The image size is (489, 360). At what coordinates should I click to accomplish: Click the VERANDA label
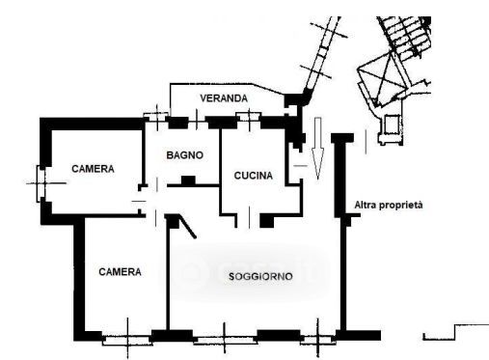pos(224,98)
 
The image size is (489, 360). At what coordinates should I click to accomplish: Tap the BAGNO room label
pos(185,155)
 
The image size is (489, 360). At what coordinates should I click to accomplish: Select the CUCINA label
pos(254,176)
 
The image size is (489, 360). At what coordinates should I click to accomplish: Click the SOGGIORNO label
pos(260,277)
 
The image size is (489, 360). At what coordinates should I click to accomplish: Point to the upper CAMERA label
pos(93,169)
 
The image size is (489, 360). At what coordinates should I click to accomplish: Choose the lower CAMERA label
pos(120,272)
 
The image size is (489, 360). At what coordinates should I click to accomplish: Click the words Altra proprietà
pos(389,205)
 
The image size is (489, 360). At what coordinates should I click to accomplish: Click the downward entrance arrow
pos(317,149)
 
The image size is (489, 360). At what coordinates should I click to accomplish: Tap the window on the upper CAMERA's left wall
pos(41,183)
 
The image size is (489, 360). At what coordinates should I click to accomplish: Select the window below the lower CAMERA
pos(127,340)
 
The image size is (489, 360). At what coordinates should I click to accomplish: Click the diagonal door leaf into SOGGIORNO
pos(187,227)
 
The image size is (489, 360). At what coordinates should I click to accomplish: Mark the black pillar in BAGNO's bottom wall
pos(188,180)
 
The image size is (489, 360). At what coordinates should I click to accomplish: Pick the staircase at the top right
pos(404,37)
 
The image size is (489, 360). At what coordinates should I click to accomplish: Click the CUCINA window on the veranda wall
pos(249,116)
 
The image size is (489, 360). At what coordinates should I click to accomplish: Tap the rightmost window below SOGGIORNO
pos(318,340)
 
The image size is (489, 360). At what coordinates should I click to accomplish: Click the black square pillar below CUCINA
pos(266,221)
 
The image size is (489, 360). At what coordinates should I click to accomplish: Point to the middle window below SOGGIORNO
pos(225,340)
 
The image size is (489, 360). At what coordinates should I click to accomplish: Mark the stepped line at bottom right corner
pos(455,333)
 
